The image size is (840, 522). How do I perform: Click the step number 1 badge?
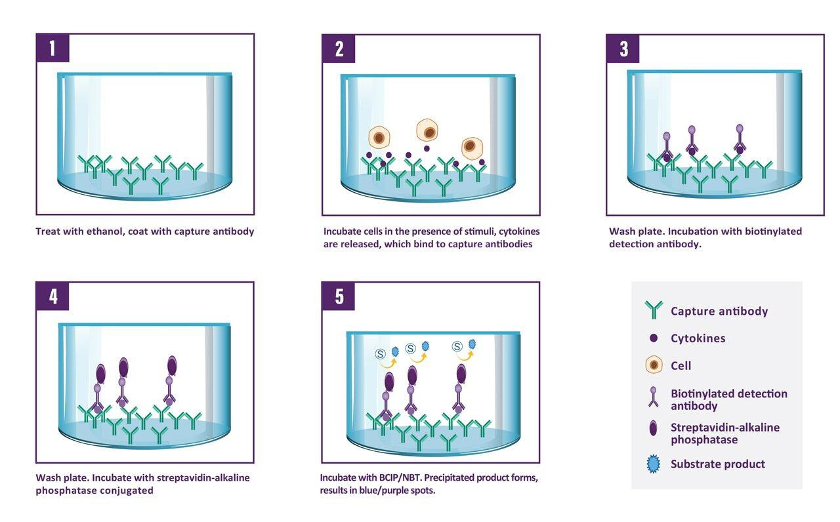click(52, 49)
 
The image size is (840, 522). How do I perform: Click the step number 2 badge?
click(339, 49)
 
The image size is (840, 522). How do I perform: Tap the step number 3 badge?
click(623, 49)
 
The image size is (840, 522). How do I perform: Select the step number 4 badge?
click(52, 296)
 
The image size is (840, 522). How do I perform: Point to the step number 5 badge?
click(339, 296)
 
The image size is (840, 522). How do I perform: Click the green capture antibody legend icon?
click(654, 310)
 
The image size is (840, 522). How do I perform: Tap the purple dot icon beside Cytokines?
click(654, 338)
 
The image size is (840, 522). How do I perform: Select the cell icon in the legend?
click(654, 365)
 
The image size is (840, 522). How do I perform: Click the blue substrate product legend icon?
click(654, 464)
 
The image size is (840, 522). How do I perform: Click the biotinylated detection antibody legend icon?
click(654, 397)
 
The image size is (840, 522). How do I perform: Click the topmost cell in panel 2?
click(427, 130)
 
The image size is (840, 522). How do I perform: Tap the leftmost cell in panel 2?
click(379, 138)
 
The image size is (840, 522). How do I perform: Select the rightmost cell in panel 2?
click(471, 148)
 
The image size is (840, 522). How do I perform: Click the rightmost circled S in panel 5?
click(457, 346)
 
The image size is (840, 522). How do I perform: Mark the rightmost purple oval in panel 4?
click(172, 365)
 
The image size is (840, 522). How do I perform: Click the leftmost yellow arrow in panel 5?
click(388, 359)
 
